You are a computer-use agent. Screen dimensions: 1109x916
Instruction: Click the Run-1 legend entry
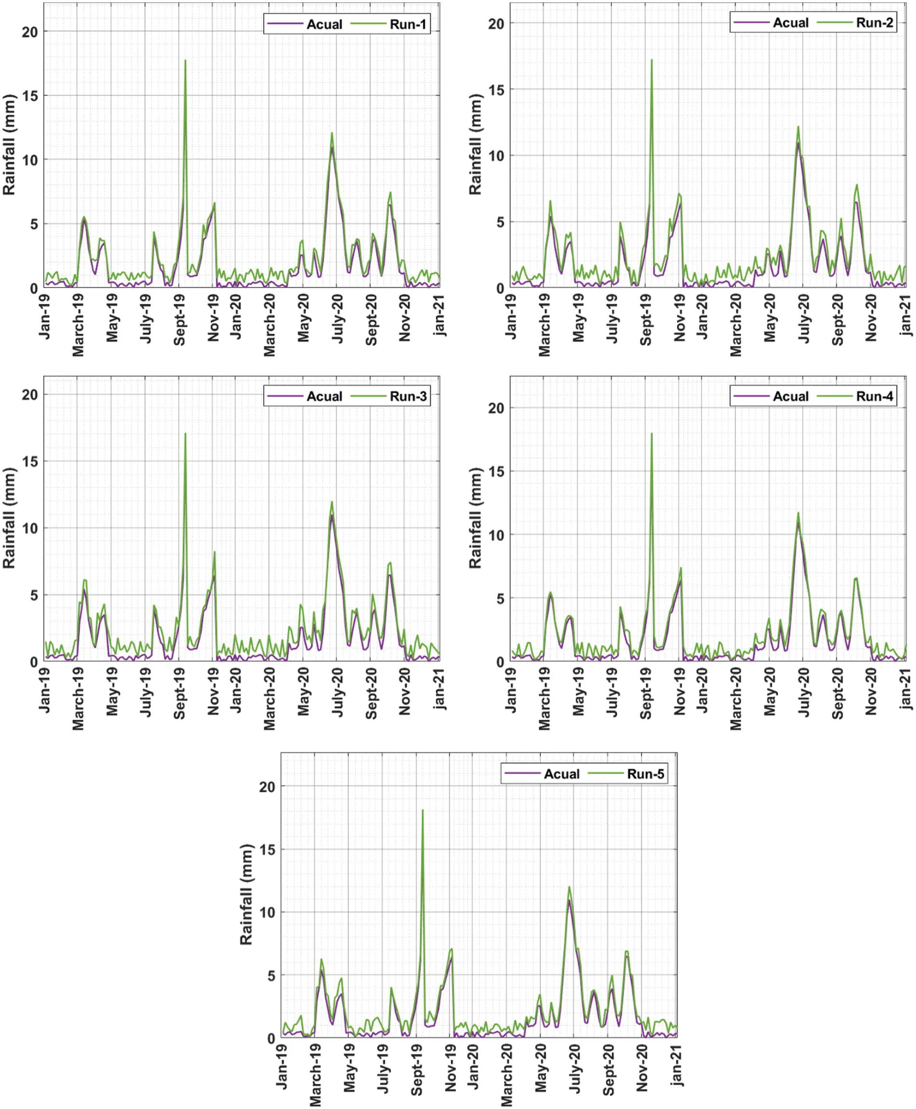407,24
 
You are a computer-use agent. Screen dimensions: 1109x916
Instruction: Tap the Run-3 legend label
407,397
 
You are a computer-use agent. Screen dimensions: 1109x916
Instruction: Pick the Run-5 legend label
645,774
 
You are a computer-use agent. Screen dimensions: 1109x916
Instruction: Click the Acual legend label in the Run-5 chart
562,774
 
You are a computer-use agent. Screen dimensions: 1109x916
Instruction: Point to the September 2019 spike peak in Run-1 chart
185,61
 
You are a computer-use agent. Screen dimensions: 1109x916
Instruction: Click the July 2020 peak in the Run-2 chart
798,127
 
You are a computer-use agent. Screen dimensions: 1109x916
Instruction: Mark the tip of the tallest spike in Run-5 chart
423,810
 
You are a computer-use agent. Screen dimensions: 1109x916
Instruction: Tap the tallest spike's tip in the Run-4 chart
652,434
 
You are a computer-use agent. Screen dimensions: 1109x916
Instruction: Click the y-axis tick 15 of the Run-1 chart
30,96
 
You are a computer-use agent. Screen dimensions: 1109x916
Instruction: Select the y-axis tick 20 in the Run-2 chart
496,24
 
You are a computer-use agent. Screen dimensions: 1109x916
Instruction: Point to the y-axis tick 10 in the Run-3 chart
30,528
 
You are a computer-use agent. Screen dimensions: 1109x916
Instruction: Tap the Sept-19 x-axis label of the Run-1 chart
180,320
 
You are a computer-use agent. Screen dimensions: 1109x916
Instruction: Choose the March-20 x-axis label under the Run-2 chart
736,325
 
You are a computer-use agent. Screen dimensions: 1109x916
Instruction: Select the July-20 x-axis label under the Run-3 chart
337,691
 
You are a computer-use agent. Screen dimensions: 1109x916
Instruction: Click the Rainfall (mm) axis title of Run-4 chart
475,518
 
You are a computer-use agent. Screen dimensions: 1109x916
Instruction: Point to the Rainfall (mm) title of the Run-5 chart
246,894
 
